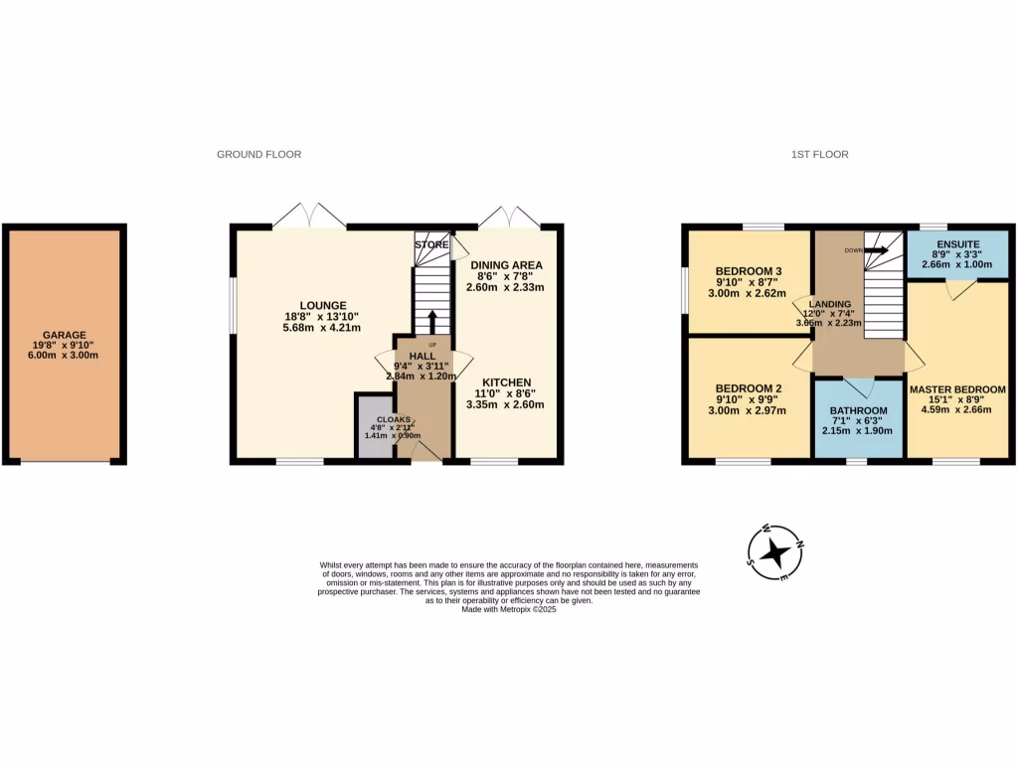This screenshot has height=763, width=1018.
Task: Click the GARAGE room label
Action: click(x=64, y=336)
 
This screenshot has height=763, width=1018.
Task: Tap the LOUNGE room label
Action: click(x=325, y=305)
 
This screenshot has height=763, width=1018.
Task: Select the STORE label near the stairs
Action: click(x=431, y=244)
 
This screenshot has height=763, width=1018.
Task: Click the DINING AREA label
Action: click(x=506, y=265)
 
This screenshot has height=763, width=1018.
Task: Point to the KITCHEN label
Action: click(x=506, y=382)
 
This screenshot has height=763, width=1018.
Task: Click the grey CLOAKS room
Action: click(x=376, y=427)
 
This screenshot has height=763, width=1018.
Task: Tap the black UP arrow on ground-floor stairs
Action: click(x=431, y=322)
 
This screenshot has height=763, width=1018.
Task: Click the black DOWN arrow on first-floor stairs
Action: click(x=876, y=251)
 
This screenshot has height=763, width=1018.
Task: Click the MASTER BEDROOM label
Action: click(x=957, y=389)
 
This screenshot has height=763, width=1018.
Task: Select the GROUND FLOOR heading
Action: click(x=258, y=154)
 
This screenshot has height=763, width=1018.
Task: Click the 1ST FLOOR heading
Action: click(x=819, y=154)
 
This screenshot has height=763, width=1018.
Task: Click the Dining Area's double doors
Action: click(x=508, y=217)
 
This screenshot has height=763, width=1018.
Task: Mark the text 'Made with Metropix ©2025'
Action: click(x=508, y=610)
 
